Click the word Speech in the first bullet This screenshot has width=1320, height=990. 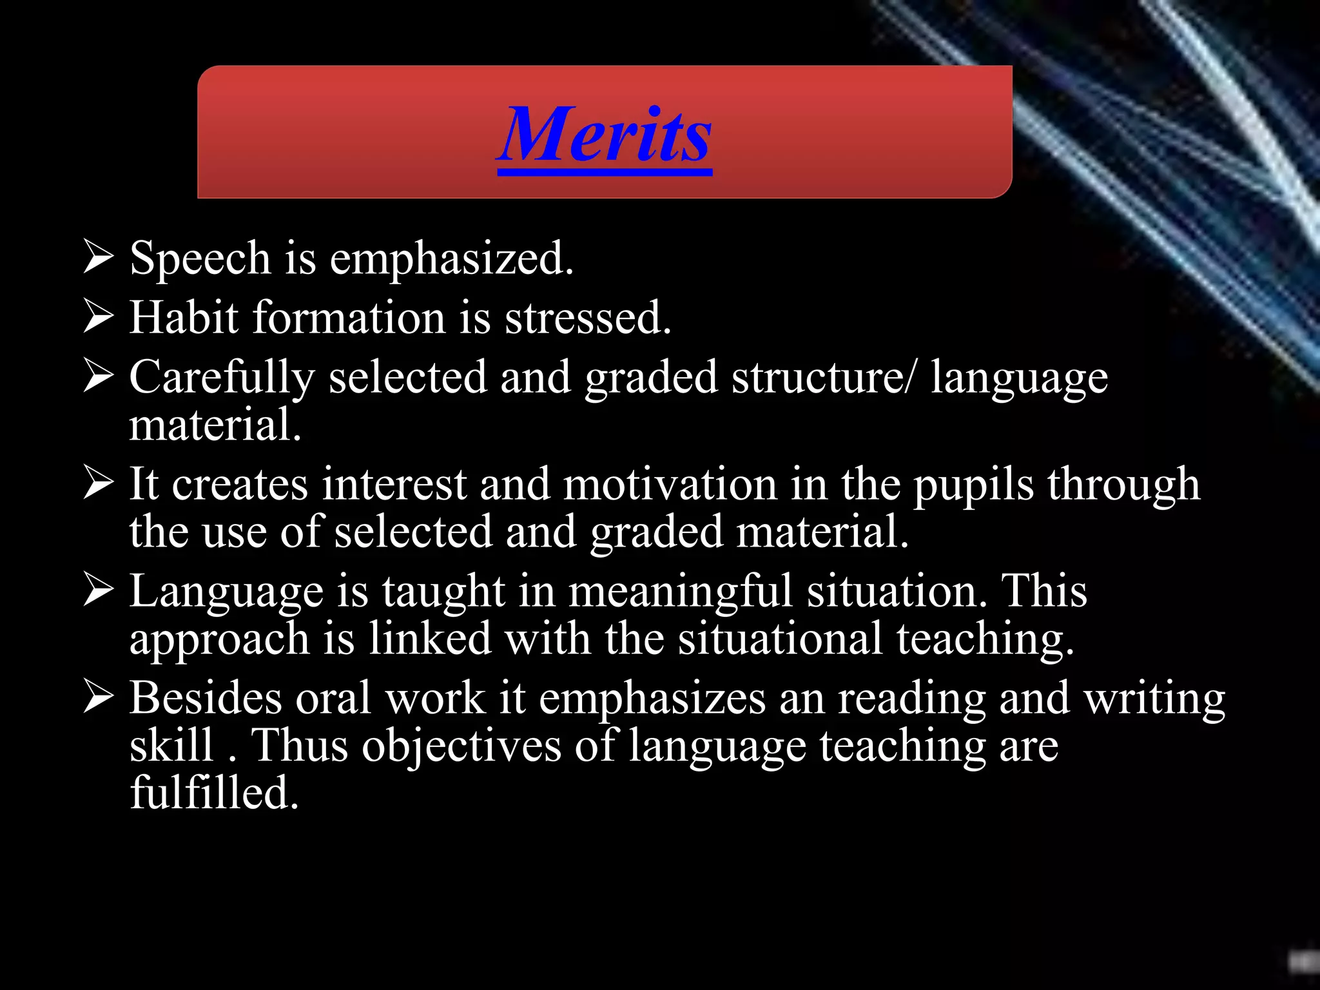[x=200, y=258]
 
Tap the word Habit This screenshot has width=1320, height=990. [x=184, y=318]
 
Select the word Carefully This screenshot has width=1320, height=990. [x=222, y=378]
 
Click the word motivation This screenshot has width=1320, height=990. [x=670, y=485]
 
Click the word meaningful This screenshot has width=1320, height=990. [x=680, y=592]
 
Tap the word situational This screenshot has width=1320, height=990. [x=780, y=639]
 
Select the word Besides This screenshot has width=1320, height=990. [x=206, y=698]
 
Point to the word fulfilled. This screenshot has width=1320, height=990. [x=214, y=793]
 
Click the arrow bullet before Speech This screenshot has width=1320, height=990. [x=99, y=257]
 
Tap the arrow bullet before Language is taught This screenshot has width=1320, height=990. [x=99, y=590]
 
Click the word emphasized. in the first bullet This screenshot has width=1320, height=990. [x=451, y=258]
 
